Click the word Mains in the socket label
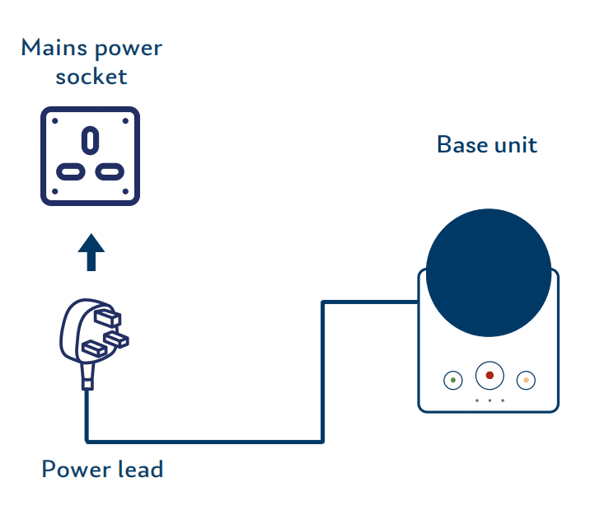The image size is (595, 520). (x=54, y=48)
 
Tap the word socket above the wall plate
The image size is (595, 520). (x=91, y=77)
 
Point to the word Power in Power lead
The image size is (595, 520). (x=76, y=469)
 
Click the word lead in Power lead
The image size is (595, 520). (x=141, y=469)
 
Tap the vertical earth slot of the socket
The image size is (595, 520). (x=91, y=140)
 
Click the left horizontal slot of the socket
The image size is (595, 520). (x=71, y=172)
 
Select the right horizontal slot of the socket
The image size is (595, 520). (x=110, y=172)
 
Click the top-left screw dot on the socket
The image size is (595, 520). (x=55, y=121)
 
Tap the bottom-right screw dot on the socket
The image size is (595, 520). (x=125, y=191)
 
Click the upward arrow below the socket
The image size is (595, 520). (x=91, y=252)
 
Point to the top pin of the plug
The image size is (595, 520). (x=107, y=318)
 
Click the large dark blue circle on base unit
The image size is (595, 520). (x=489, y=273)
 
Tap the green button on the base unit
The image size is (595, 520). (x=453, y=380)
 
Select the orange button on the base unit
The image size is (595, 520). (x=526, y=380)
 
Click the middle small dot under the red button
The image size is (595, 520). (x=490, y=401)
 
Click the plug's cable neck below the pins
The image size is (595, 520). (x=87, y=376)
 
